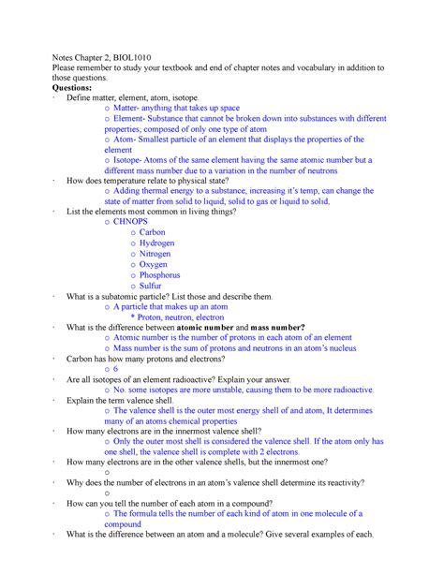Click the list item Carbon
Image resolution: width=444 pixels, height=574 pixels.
click(152, 231)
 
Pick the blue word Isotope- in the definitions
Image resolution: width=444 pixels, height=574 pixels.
click(132, 160)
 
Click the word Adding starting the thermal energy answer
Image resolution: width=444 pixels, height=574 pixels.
click(129, 190)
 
